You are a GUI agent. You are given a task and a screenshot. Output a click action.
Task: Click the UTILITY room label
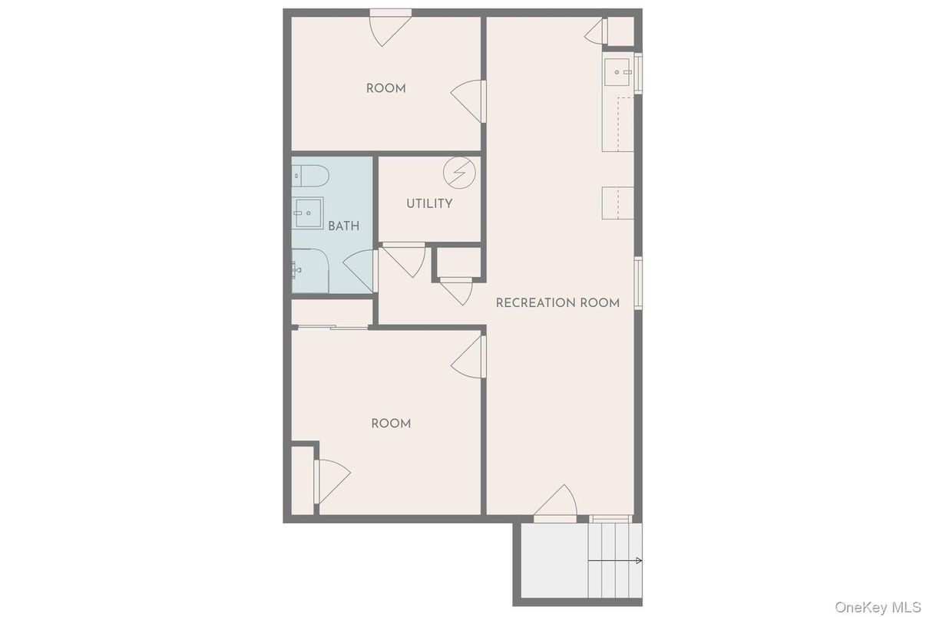click(x=429, y=203)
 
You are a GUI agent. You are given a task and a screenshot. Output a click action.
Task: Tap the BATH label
click(x=343, y=226)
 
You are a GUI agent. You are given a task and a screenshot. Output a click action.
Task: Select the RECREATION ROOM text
click(x=557, y=302)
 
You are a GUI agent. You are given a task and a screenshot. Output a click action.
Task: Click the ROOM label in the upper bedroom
click(x=385, y=88)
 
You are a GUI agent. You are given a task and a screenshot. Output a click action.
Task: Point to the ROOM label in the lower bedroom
click(x=391, y=423)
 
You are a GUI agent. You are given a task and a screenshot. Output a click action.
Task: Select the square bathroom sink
click(x=309, y=213)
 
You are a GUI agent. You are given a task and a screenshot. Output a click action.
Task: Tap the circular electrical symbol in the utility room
click(x=459, y=172)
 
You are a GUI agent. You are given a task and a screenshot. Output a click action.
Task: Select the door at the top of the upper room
click(x=390, y=28)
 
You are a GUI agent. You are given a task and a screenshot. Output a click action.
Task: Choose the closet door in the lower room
click(x=331, y=480)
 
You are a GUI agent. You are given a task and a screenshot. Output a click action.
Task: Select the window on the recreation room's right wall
click(x=637, y=283)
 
